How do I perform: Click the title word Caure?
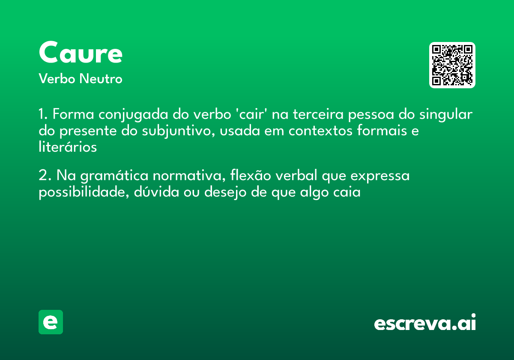pyautogui.click(x=81, y=53)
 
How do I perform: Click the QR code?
pyautogui.click(x=452, y=65)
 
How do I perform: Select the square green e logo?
pyautogui.click(x=51, y=322)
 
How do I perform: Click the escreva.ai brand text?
pyautogui.click(x=425, y=323)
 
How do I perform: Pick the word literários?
pyautogui.click(x=68, y=147)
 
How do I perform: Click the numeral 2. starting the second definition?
pyautogui.click(x=45, y=176)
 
